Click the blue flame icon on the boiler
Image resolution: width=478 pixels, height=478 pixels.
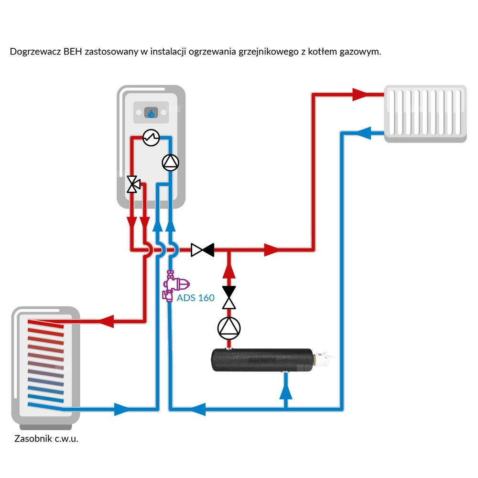click(151, 113)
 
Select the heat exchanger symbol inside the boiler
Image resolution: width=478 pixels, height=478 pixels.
click(151, 138)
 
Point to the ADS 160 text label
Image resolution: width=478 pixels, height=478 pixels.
click(196, 298)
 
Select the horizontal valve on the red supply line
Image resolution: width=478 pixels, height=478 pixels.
click(202, 249)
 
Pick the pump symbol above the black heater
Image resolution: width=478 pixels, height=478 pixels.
click(229, 327)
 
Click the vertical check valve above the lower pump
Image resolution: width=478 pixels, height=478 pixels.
click(229, 297)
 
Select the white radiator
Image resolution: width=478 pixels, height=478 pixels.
click(425, 113)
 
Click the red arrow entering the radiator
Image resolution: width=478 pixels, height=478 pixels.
click(362, 94)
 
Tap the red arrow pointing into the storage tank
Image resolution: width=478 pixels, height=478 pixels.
click(106, 321)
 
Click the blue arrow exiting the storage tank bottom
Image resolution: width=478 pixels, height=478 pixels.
click(122, 409)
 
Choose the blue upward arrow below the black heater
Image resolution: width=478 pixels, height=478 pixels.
click(285, 391)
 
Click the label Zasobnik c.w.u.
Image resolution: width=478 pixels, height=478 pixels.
click(46, 438)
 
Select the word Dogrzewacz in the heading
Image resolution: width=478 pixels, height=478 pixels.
click(35, 52)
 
